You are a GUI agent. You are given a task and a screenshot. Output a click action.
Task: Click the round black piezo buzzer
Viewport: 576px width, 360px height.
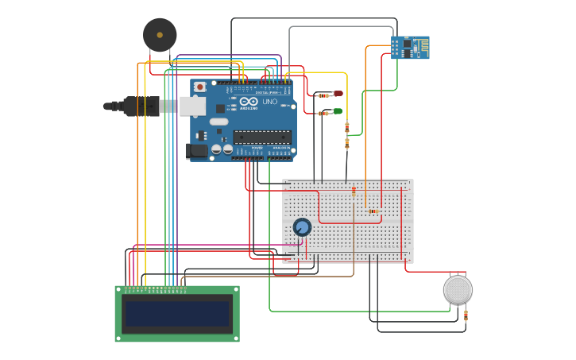(x=160, y=35)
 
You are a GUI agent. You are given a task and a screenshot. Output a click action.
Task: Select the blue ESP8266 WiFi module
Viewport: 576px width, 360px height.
(x=409, y=48)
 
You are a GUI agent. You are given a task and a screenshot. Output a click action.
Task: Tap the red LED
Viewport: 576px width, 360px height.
(x=338, y=94)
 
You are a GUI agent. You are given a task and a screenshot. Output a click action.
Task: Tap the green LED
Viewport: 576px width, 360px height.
(x=338, y=111)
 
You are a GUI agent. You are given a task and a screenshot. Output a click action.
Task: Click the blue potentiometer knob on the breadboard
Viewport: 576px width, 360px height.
(x=302, y=227)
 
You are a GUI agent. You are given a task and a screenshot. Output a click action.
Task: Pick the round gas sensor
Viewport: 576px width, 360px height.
(x=458, y=289)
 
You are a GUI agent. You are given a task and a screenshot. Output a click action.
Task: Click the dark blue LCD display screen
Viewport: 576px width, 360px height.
(x=177, y=314)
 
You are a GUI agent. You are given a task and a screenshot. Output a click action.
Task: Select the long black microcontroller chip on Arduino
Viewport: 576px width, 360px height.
(x=261, y=137)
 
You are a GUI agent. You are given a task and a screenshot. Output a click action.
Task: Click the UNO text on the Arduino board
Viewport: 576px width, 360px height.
(x=270, y=102)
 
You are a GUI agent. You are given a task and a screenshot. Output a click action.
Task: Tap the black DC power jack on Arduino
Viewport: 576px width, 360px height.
(x=195, y=149)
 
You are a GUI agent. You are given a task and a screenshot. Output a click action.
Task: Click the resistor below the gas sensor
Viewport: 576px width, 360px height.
(x=466, y=315)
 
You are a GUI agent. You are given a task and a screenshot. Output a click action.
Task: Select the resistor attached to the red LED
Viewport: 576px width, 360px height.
(x=322, y=95)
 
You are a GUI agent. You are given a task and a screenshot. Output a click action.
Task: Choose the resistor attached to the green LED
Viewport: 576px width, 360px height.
(x=323, y=113)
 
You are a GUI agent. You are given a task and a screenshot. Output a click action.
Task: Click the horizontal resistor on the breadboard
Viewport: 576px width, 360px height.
(x=373, y=211)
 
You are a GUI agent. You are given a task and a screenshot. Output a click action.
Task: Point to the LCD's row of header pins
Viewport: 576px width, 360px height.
(x=151, y=288)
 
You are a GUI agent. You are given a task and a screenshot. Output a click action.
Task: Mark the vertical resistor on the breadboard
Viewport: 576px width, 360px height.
(x=354, y=192)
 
